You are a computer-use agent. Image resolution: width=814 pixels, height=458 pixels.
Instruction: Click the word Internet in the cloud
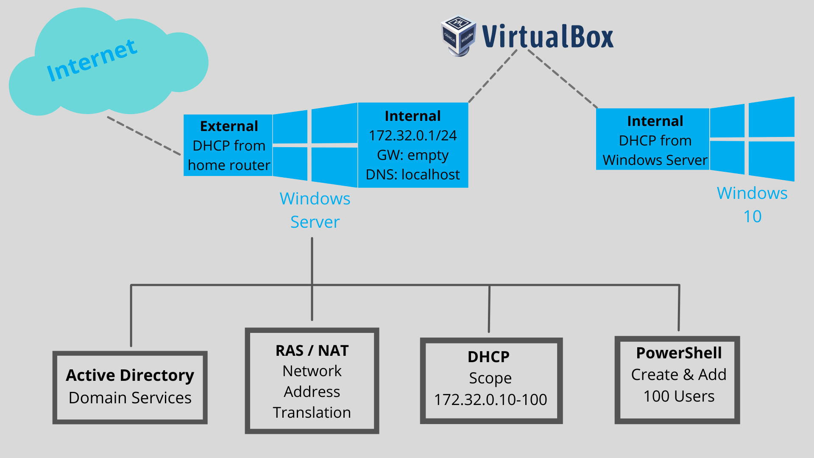pyautogui.click(x=92, y=60)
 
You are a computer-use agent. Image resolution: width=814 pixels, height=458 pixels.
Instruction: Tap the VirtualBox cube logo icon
pyautogui.click(x=458, y=36)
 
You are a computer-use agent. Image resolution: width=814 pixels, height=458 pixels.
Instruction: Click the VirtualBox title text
pyautogui.click(x=548, y=36)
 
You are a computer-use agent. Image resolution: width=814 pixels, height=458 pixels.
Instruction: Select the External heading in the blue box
pyautogui.click(x=229, y=126)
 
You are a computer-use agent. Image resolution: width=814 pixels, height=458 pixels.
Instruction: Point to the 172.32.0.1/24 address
pyautogui.click(x=413, y=135)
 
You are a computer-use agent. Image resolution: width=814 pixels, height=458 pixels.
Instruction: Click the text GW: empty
pyautogui.click(x=413, y=155)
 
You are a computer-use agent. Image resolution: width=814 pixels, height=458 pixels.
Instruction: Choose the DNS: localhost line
pyautogui.click(x=413, y=174)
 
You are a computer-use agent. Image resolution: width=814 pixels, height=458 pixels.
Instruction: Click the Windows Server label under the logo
pyautogui.click(x=315, y=210)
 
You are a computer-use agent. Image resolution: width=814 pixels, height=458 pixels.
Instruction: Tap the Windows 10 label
pyautogui.click(x=752, y=204)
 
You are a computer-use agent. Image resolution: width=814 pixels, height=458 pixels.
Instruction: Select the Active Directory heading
pyautogui.click(x=130, y=375)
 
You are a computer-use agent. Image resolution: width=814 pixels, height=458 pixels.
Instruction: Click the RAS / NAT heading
pyautogui.click(x=312, y=351)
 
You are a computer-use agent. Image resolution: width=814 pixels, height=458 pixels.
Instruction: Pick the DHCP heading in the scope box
pyautogui.click(x=488, y=357)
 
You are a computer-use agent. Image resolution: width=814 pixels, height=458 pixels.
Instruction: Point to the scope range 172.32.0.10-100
pyautogui.click(x=491, y=399)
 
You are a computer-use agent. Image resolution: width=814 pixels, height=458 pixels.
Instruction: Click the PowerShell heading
pyautogui.click(x=679, y=353)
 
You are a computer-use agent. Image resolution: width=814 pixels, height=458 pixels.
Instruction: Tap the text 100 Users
pyautogui.click(x=679, y=396)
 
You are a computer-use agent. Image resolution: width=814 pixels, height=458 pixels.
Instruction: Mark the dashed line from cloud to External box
pyautogui.click(x=144, y=136)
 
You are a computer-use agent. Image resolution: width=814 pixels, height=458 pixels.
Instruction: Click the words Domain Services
pyautogui.click(x=130, y=398)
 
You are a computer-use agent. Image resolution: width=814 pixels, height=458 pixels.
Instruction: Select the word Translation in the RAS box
pyautogui.click(x=312, y=412)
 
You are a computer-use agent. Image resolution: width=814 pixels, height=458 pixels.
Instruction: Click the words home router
pyautogui.click(x=229, y=165)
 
